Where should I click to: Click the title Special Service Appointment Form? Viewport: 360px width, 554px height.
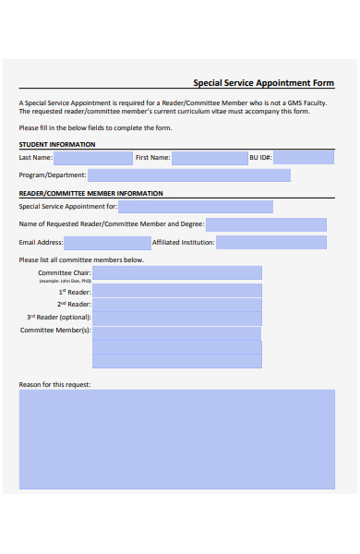pyautogui.click(x=263, y=82)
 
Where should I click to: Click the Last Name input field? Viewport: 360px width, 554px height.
pyautogui.click(x=92, y=158)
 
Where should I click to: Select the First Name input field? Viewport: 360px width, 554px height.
pyautogui.click(x=210, y=158)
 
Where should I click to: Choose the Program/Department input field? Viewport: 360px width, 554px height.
pyautogui.click(x=189, y=175)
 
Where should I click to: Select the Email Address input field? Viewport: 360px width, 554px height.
pyautogui.click(x=106, y=242)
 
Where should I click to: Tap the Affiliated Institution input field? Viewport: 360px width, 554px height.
pyautogui.click(x=271, y=242)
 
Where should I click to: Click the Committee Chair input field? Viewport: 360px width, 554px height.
pyautogui.click(x=176, y=273)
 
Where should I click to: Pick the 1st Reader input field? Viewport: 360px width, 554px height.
pyautogui.click(x=176, y=291)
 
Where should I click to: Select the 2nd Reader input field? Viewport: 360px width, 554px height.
pyautogui.click(x=176, y=304)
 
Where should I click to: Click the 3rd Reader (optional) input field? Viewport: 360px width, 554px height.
pyautogui.click(x=176, y=318)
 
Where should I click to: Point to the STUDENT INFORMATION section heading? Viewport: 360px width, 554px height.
pyautogui.click(x=57, y=145)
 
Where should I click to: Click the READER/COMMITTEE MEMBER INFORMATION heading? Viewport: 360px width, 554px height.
pyautogui.click(x=90, y=193)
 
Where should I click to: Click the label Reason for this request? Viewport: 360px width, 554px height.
pyautogui.click(x=54, y=384)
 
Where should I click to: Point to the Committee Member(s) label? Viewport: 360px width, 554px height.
pyautogui.click(x=55, y=330)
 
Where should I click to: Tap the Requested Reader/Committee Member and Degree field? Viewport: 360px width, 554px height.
pyautogui.click(x=266, y=224)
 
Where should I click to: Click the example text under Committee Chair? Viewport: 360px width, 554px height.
pyautogui.click(x=65, y=281)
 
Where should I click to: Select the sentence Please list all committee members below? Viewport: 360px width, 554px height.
pyautogui.click(x=81, y=259)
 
